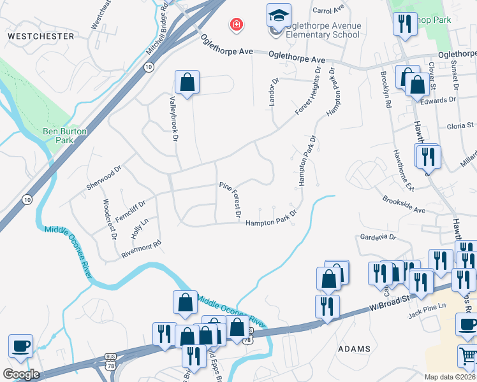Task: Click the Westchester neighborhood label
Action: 41,36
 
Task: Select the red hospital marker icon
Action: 237,25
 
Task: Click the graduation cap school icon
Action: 278,15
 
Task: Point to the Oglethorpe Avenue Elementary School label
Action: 322,30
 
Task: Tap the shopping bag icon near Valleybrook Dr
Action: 187,82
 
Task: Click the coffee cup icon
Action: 20,346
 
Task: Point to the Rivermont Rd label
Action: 142,249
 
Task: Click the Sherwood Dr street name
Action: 103,179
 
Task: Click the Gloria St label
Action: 460,126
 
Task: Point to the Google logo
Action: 21,374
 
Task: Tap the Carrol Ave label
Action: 329,10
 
